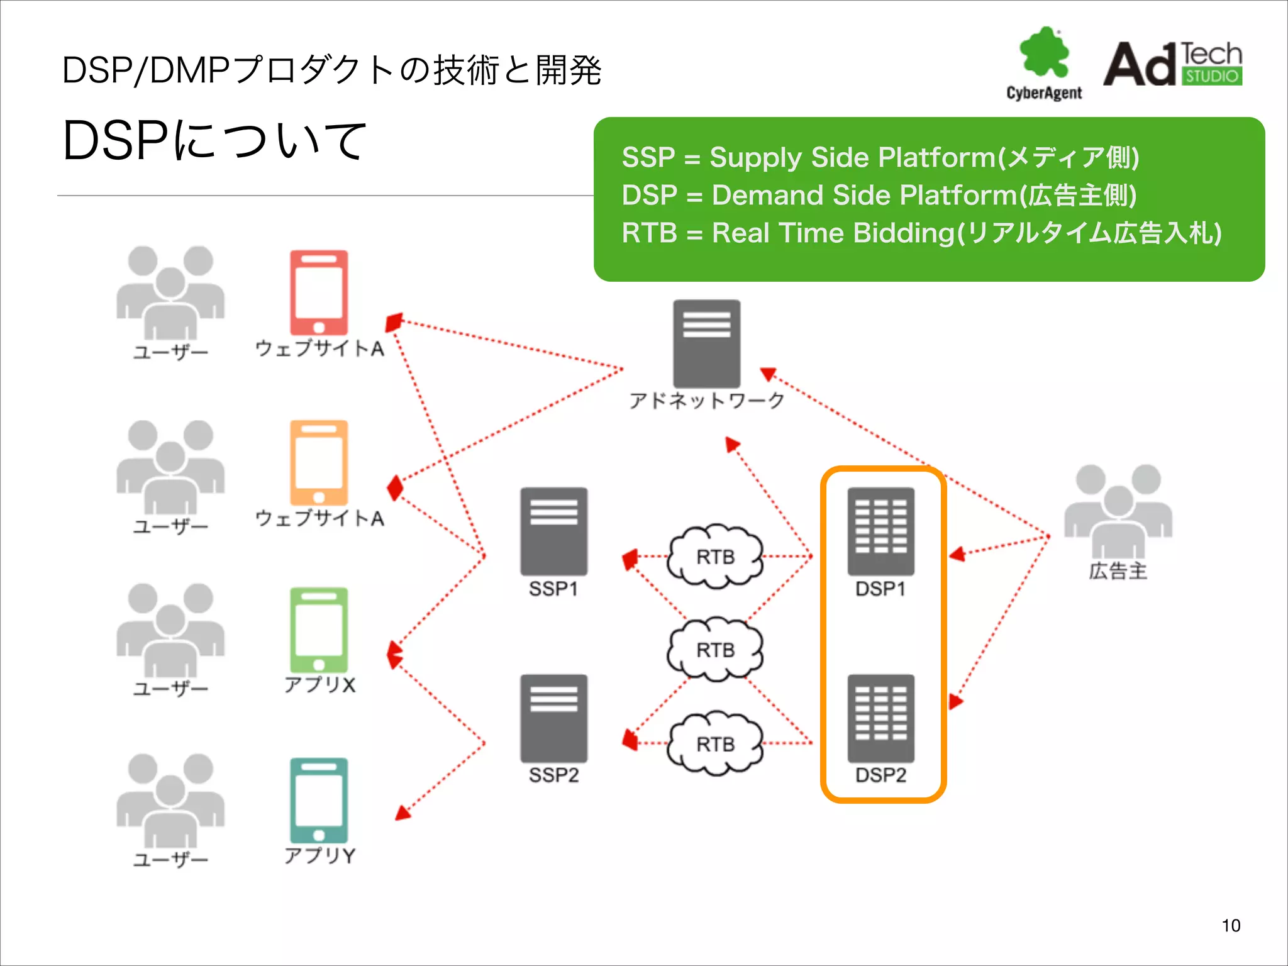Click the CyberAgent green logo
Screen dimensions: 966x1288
tap(1044, 53)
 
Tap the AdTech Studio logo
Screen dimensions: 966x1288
tap(1173, 64)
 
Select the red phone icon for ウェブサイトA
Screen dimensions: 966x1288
tap(319, 292)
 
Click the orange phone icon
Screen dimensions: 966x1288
tap(319, 462)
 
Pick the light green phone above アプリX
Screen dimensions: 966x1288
tap(319, 630)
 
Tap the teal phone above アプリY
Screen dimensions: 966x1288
tap(319, 800)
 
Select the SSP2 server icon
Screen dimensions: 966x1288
tap(553, 718)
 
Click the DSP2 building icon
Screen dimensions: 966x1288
tap(880, 718)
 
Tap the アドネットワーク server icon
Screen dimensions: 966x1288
tap(706, 343)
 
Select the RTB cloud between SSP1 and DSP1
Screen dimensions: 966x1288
tap(715, 557)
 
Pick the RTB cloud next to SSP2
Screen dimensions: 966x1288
tap(715, 744)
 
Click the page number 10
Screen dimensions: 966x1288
tap(1231, 925)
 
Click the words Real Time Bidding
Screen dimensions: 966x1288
tap(833, 233)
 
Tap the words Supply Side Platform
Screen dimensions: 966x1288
tap(853, 157)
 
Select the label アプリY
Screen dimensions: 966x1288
tap(319, 855)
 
